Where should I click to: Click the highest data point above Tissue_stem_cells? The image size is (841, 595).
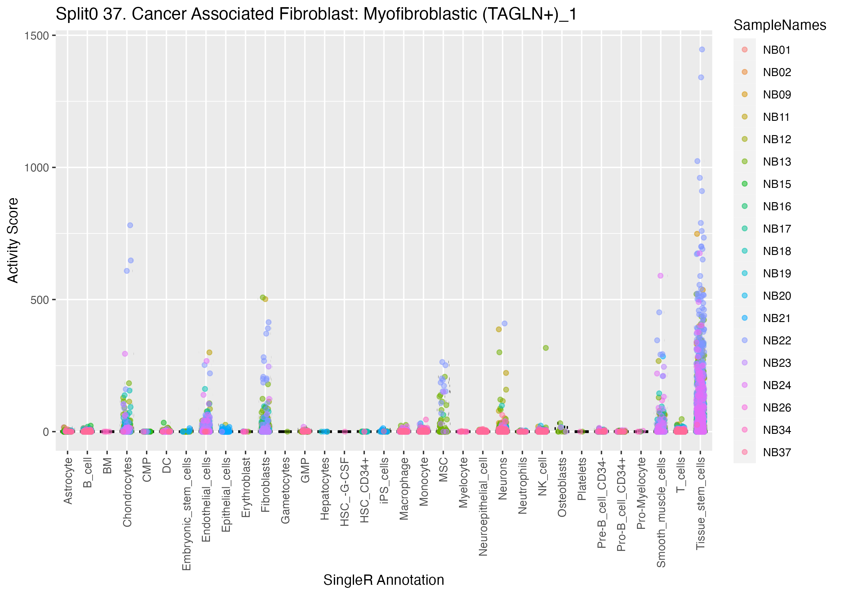[702, 49]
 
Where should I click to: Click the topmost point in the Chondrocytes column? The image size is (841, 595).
[130, 225]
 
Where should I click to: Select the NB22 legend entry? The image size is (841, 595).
[776, 340]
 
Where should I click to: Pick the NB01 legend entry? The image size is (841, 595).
[776, 50]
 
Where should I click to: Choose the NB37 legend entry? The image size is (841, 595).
[776, 452]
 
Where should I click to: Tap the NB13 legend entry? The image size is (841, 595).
[776, 161]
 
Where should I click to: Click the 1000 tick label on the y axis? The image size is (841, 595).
[37, 168]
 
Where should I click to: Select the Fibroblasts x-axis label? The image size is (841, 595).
[266, 484]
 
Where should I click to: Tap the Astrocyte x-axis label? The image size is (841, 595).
[68, 481]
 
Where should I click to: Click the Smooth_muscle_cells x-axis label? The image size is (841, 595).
[661, 512]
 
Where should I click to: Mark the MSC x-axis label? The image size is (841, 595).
[443, 470]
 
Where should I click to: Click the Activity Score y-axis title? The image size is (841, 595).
[13, 240]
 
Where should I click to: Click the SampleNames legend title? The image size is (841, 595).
[780, 25]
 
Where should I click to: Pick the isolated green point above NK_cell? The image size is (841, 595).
[546, 348]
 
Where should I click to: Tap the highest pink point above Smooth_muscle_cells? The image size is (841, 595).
[661, 276]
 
